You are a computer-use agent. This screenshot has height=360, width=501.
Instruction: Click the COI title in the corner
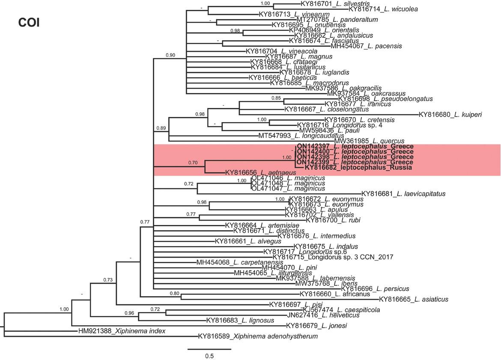[29, 23]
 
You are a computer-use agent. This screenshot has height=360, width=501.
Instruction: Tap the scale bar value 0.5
[209, 356]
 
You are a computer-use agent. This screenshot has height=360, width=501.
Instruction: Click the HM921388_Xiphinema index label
[122, 331]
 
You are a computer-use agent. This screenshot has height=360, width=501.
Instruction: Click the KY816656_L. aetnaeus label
[260, 173]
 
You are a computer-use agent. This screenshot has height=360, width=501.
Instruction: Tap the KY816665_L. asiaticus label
[414, 299]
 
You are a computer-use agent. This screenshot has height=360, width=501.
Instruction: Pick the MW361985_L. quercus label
[369, 141]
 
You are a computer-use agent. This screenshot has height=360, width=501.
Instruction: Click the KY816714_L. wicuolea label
[383, 9]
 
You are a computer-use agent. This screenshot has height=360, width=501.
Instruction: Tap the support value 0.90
[170, 55]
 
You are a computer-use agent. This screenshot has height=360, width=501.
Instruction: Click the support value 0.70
[193, 163]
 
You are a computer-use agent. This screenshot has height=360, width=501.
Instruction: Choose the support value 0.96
[129, 313]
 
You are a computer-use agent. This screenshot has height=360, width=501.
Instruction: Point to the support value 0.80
[174, 293]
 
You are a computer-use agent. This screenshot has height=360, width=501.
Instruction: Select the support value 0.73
[107, 280]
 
